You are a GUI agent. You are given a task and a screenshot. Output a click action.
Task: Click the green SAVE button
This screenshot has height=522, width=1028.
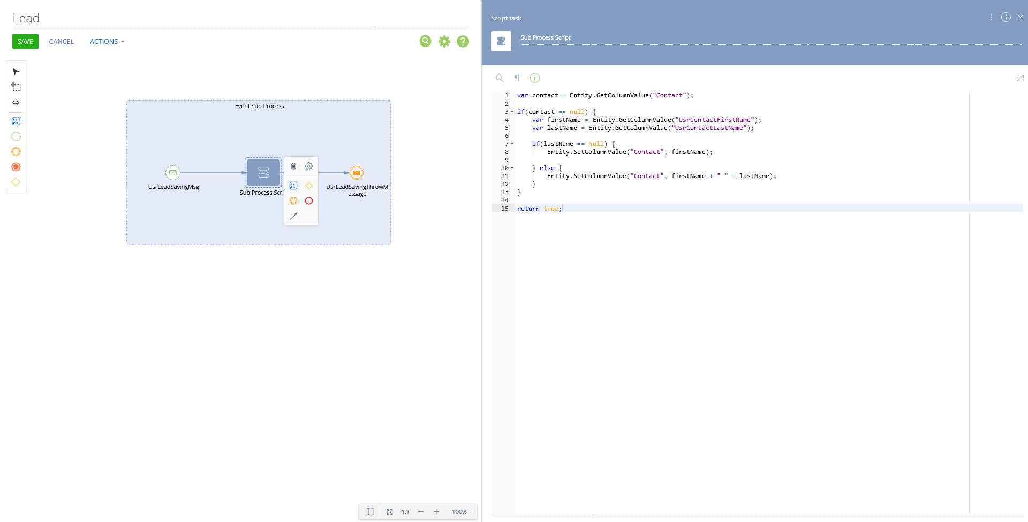(25, 41)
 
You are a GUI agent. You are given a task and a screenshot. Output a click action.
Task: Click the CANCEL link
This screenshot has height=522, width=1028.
(62, 41)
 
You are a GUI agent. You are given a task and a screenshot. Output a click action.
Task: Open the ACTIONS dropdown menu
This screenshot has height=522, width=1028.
(107, 41)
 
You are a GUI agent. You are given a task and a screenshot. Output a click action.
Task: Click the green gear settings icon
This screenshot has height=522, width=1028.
(444, 41)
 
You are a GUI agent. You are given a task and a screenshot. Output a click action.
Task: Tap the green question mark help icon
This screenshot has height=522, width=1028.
(463, 41)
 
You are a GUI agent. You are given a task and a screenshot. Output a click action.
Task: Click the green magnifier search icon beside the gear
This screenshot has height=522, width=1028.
(426, 41)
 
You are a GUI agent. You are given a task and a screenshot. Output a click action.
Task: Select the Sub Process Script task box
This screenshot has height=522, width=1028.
(263, 172)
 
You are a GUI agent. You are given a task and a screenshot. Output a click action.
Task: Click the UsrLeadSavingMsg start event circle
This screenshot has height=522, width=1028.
(173, 173)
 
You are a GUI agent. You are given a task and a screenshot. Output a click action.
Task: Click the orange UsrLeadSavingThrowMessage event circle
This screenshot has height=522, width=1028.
(357, 173)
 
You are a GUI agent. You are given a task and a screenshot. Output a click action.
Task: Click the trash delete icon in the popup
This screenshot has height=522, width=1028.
(293, 166)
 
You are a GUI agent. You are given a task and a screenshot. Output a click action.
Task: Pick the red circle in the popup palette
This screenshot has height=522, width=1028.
(309, 201)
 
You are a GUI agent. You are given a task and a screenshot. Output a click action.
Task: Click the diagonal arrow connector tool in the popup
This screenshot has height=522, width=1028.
(293, 216)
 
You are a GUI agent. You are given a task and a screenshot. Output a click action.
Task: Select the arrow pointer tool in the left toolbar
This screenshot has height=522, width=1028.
(16, 72)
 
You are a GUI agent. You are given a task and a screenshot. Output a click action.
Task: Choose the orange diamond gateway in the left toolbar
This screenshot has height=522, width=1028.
(16, 182)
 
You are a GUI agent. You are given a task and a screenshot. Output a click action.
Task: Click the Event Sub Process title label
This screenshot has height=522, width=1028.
(260, 106)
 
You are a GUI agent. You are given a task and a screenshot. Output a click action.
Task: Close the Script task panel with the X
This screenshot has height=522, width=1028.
(1021, 17)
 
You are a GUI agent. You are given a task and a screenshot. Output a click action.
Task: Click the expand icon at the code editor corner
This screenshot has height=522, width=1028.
(1020, 78)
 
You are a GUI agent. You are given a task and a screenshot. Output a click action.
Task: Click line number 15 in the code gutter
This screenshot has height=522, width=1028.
(505, 209)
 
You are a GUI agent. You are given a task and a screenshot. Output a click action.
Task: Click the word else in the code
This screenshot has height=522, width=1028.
(547, 168)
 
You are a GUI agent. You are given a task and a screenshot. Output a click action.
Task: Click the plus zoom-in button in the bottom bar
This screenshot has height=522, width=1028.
(436, 512)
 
